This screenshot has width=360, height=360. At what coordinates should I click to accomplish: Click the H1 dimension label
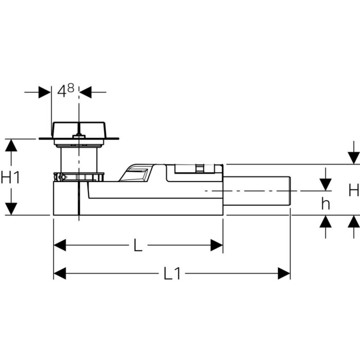coord(10,177)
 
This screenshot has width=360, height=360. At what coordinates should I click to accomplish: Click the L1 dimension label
coord(172,274)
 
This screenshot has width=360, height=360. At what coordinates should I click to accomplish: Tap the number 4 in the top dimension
coord(62,92)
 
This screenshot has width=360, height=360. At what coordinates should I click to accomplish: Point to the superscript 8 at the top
coord(71,88)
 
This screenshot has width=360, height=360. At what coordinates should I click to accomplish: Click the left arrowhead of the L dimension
coord(60,245)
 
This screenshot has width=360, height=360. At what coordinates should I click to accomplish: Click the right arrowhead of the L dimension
coord(217,245)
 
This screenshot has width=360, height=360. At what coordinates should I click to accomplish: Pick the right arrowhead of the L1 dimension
coord(284,274)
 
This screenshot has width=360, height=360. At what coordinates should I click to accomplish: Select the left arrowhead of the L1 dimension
coord(60,274)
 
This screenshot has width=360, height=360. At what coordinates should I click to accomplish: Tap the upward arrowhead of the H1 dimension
coord(11,145)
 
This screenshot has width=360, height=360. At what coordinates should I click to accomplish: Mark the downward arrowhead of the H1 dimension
coord(11,209)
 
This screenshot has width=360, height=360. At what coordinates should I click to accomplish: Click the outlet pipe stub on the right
coord(257,191)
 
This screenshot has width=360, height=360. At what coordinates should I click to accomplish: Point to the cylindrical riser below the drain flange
coord(79,160)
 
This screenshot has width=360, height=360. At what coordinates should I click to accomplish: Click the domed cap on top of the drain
coord(79,130)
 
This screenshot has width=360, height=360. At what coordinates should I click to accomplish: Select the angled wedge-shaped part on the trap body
coord(135,173)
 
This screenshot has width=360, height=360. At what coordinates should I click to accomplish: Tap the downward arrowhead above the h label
coord(326,185)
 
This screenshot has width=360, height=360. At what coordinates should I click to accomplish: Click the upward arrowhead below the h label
coord(326,221)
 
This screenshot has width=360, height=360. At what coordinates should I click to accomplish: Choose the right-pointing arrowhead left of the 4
coord(45,92)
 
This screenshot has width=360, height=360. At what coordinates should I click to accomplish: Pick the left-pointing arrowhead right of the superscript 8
coord(85,92)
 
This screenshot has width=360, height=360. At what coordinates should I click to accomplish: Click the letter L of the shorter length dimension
coord(138,245)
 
